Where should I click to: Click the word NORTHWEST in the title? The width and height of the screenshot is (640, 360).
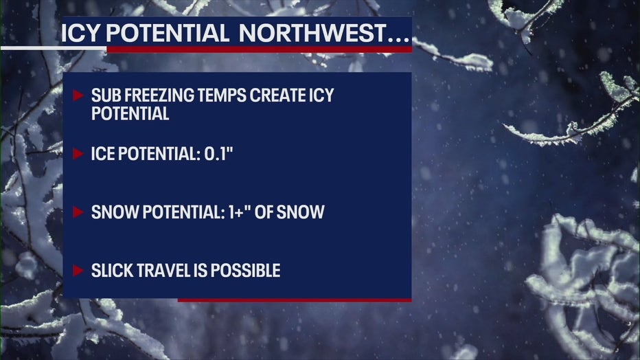pyautogui.click(x=312, y=33)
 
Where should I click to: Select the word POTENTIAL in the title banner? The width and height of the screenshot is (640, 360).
pyautogui.click(x=168, y=33)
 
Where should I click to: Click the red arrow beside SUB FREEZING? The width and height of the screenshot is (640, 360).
pyautogui.click(x=78, y=95)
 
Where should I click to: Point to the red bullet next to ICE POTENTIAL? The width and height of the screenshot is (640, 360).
pyautogui.click(x=78, y=154)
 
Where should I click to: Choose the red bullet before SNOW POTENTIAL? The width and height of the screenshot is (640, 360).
pyautogui.click(x=78, y=212)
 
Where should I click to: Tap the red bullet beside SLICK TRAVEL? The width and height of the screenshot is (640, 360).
pyautogui.click(x=78, y=271)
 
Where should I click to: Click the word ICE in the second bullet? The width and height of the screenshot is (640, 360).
pyautogui.click(x=101, y=154)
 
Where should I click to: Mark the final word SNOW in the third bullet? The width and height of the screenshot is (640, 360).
pyautogui.click(x=300, y=212)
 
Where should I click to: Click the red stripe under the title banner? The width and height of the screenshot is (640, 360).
pyautogui.click(x=260, y=49)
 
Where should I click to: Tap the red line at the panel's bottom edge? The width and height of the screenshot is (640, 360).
pyautogui.click(x=295, y=300)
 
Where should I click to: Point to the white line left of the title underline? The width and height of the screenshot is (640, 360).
pyautogui.click(x=54, y=48)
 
